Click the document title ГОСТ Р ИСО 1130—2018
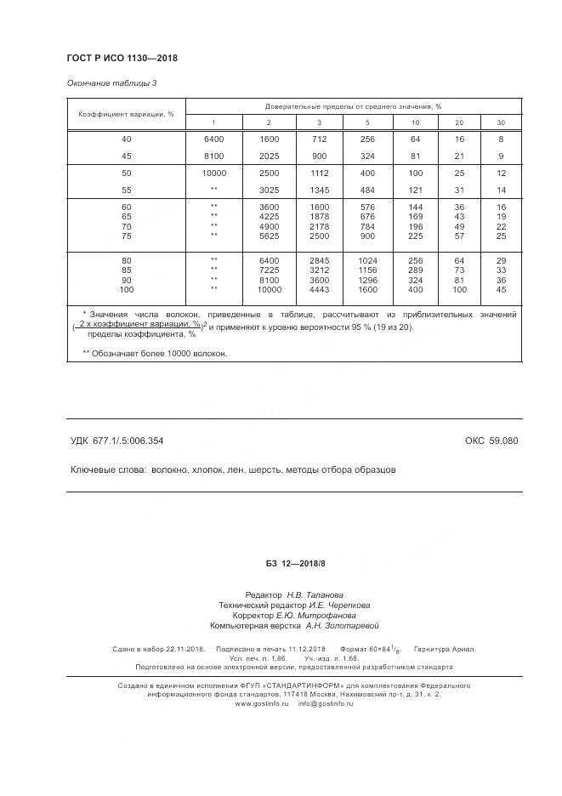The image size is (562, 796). click(x=121, y=58)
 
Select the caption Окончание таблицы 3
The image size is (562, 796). click(x=111, y=83)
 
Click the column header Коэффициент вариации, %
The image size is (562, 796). click(x=126, y=114)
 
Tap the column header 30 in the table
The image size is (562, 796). click(x=501, y=123)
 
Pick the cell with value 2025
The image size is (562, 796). click(x=269, y=156)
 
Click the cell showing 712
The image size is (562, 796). click(x=319, y=139)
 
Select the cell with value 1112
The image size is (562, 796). click(x=319, y=173)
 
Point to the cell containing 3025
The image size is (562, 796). click(x=269, y=190)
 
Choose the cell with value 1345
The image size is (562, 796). click(x=319, y=190)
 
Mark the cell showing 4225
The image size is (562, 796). click(x=269, y=216)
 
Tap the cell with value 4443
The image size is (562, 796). click(x=319, y=289)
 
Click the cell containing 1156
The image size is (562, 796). click(x=367, y=270)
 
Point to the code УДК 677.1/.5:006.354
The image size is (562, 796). click(x=116, y=441)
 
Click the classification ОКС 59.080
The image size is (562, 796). click(x=491, y=441)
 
